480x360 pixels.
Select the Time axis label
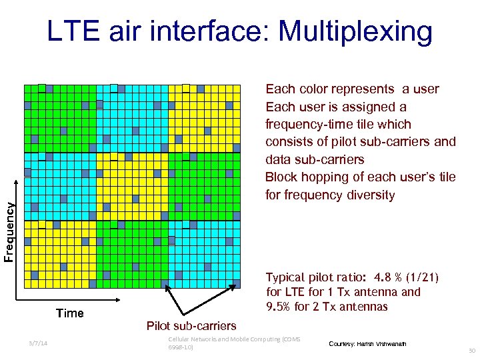(69, 313)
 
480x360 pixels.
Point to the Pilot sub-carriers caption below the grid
(191, 325)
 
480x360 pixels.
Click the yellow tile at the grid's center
(131, 187)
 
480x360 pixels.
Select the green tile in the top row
(59, 119)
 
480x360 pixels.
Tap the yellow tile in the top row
(203, 119)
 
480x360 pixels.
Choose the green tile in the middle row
(203, 187)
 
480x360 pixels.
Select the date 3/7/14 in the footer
(37, 343)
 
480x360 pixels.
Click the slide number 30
(471, 350)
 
